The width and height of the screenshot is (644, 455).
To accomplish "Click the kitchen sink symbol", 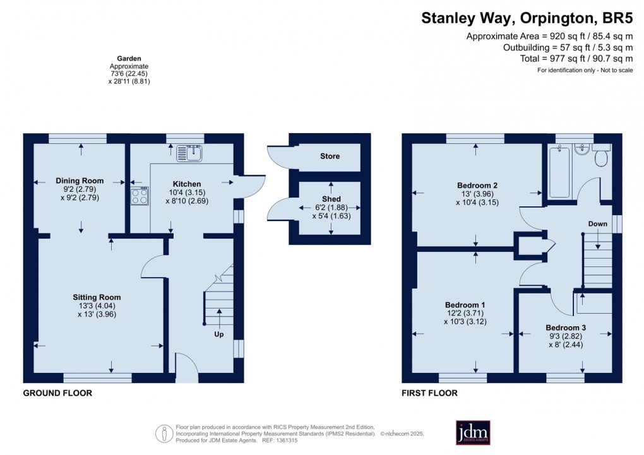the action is [189, 153].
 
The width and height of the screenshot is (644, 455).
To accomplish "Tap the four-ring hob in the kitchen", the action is [140, 196].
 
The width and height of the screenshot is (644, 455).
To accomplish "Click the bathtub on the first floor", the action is [559, 172].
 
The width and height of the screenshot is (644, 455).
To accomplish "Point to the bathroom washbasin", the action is [581, 150].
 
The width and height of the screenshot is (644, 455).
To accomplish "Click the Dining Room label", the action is [80, 180].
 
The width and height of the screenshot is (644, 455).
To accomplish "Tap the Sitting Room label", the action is [97, 297].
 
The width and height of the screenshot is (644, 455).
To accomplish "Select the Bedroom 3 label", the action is [566, 328].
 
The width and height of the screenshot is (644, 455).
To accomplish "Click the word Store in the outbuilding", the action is [330, 156].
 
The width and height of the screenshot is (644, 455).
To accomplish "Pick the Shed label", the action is [331, 199].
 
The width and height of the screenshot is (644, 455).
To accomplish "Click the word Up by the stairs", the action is [219, 334].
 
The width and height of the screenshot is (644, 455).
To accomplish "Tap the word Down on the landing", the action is [597, 224].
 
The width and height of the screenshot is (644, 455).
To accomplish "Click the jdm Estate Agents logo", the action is [473, 432].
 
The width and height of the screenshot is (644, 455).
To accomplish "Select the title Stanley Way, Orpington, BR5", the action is [527, 18].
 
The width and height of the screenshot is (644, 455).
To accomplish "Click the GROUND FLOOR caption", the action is [57, 393].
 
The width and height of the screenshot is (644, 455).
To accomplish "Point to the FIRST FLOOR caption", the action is [429, 393].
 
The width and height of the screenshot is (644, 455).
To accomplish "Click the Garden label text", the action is [129, 59].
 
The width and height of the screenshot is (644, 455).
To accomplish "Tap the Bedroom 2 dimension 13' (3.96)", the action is [477, 194].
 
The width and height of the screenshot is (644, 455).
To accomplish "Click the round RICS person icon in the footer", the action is [164, 434].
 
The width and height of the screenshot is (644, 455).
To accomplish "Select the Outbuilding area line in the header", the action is [568, 47].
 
